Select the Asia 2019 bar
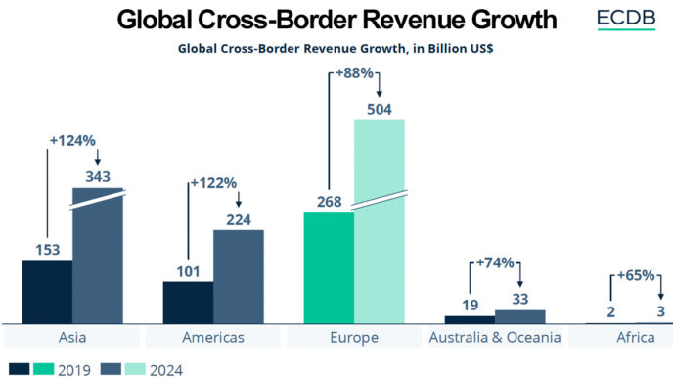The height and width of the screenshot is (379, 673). pyautogui.click(x=47, y=291)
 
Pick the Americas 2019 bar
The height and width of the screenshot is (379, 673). pyautogui.click(x=188, y=302)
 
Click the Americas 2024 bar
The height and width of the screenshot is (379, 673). pyautogui.click(x=239, y=276)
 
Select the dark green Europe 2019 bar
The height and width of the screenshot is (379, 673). pyautogui.click(x=329, y=266)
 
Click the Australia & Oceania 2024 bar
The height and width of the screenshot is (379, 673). pyautogui.click(x=520, y=316)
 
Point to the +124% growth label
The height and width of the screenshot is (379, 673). pyautogui.click(x=72, y=140)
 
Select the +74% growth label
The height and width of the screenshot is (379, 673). pyautogui.click(x=495, y=263)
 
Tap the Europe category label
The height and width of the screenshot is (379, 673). pyautogui.click(x=353, y=338)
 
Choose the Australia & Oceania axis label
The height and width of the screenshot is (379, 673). pyautogui.click(x=494, y=338)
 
